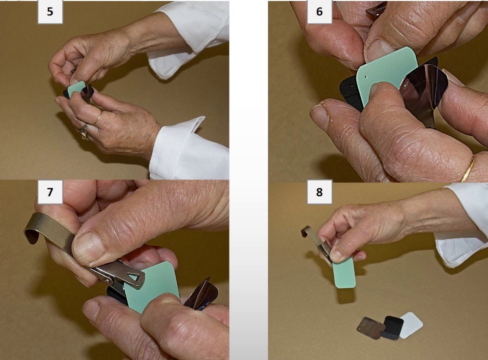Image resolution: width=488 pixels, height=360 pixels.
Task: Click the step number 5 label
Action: [50, 12]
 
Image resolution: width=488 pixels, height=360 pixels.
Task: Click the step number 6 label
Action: [319, 12]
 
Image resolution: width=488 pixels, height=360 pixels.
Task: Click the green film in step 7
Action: [152, 285]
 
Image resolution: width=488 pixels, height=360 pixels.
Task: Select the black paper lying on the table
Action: [392, 327]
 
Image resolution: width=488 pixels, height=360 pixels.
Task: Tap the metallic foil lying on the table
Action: [370, 327]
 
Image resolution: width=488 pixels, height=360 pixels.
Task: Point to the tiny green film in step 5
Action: [76, 89]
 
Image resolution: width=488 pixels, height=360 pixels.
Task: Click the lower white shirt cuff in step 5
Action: [185, 150]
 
